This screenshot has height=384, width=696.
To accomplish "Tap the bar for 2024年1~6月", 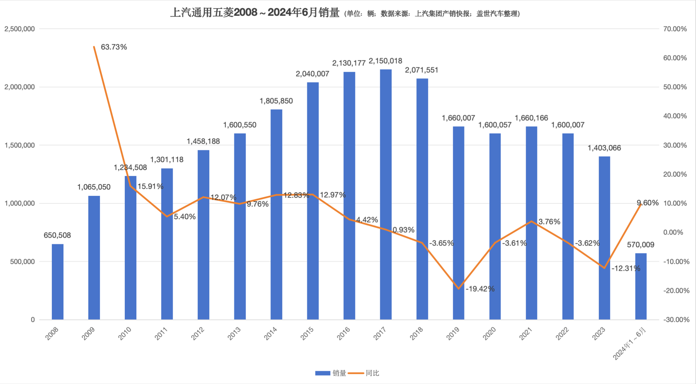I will click(x=641, y=286).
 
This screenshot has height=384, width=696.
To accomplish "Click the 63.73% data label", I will click(x=114, y=47).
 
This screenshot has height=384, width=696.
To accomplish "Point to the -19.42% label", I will click(x=480, y=289).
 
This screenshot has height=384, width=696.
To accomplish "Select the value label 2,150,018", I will click(x=385, y=61).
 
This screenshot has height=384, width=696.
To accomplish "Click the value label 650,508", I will click(x=57, y=235).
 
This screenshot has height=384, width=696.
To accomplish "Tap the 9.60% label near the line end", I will click(x=648, y=203).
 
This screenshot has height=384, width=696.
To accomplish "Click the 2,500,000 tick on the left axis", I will click(x=20, y=29).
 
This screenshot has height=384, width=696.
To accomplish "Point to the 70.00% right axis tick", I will click(x=675, y=29).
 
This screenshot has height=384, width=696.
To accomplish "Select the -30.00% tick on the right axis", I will click(x=676, y=319).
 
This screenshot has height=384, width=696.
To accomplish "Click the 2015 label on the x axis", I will click(x=307, y=333).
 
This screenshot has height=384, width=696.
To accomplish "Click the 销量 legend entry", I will click(x=331, y=373).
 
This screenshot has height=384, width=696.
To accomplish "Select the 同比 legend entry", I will click(x=365, y=373).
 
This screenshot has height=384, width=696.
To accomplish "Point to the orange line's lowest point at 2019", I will click(x=458, y=289).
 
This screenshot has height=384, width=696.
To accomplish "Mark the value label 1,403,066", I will click(x=604, y=148).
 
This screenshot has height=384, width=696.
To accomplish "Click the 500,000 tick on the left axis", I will click(x=22, y=262).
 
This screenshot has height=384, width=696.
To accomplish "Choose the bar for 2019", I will click(x=458, y=223).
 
